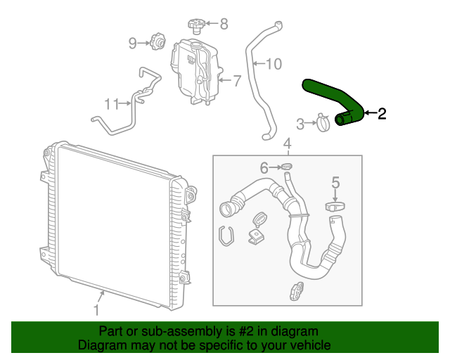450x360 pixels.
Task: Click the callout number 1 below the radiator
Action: pyautogui.click(x=96, y=309)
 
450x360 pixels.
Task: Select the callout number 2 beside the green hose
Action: pyautogui.click(x=382, y=114)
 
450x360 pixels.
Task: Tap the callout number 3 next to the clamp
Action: pyautogui.click(x=300, y=124)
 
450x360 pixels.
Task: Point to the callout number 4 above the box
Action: pyautogui.click(x=287, y=146)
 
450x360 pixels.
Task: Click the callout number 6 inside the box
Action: pyautogui.click(x=264, y=167)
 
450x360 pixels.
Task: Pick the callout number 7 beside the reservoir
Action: pyautogui.click(x=237, y=80)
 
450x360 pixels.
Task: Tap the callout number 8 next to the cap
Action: pyautogui.click(x=224, y=24)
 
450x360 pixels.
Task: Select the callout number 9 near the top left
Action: pyautogui.click(x=132, y=44)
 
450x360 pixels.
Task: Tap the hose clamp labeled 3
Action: pyautogui.click(x=324, y=124)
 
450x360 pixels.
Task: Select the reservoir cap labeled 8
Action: pyautogui.click(x=195, y=26)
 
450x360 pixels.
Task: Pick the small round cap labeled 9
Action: pyautogui.click(x=158, y=44)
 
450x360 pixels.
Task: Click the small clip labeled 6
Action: pyautogui.click(x=287, y=167)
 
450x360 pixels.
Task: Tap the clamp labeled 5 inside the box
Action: pyautogui.click(x=335, y=207)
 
